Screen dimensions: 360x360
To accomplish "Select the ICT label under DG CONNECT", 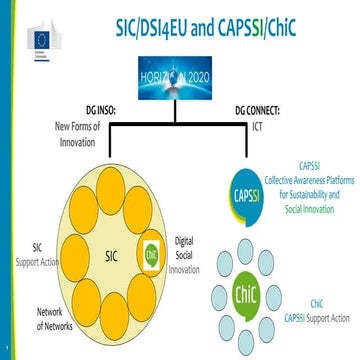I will point(257,126).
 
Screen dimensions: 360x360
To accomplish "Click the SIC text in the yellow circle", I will point(112,227).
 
